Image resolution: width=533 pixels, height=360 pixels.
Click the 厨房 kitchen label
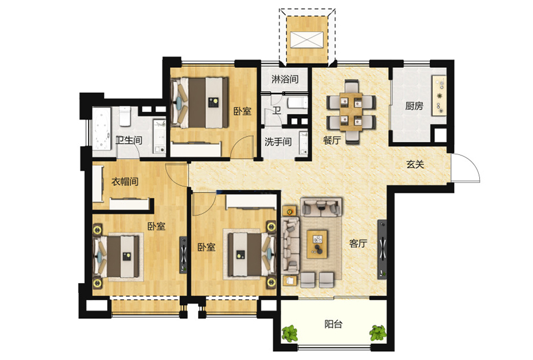tap(414, 106)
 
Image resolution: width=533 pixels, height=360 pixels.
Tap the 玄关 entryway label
tap(416, 165)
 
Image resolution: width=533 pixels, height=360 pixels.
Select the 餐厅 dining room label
tap(332, 140)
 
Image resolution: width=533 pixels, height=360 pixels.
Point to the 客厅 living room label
tap(359, 243)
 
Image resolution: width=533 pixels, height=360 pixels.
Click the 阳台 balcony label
tap(333, 324)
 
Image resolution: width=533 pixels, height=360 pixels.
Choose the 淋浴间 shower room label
tap(285, 79)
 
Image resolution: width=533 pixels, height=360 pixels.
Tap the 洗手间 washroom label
tap(278, 141)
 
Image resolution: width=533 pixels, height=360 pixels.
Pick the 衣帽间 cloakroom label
tap(125, 181)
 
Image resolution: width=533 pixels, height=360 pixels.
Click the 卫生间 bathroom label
tap(129, 140)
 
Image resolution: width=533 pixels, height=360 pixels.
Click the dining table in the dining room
tap(351, 111)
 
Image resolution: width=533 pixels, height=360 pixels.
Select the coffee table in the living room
tap(317, 244)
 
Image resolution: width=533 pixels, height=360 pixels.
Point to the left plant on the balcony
tap(289, 333)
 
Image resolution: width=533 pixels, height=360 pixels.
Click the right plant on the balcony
tap(378, 333)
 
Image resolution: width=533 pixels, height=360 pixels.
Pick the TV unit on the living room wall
tap(382, 249)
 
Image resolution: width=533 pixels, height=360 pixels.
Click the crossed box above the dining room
tap(307, 39)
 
